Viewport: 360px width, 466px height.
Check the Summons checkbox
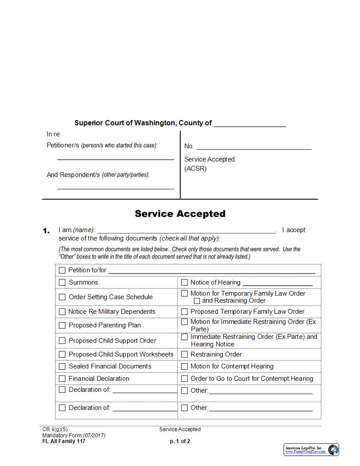(x=62, y=282)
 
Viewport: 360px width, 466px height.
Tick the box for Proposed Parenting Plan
(x=62, y=326)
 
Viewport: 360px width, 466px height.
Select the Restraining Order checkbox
(x=184, y=354)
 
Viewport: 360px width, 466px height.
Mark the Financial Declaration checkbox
(x=62, y=379)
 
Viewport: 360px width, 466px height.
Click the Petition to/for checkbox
(x=62, y=270)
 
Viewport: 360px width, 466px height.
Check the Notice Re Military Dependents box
(x=62, y=312)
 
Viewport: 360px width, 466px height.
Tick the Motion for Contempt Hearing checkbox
(x=184, y=366)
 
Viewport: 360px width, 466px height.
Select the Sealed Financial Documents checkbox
(x=62, y=366)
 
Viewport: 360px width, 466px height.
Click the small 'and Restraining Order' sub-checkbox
(x=197, y=301)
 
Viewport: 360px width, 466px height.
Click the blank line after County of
(x=250, y=124)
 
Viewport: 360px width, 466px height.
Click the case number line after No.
(x=254, y=147)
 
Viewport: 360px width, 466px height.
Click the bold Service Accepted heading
(x=180, y=214)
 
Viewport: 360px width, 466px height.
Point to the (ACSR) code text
(x=195, y=169)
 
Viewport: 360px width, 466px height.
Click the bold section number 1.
(x=46, y=231)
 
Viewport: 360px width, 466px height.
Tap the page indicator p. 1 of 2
(x=180, y=441)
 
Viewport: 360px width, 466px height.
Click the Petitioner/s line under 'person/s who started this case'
(x=116, y=158)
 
